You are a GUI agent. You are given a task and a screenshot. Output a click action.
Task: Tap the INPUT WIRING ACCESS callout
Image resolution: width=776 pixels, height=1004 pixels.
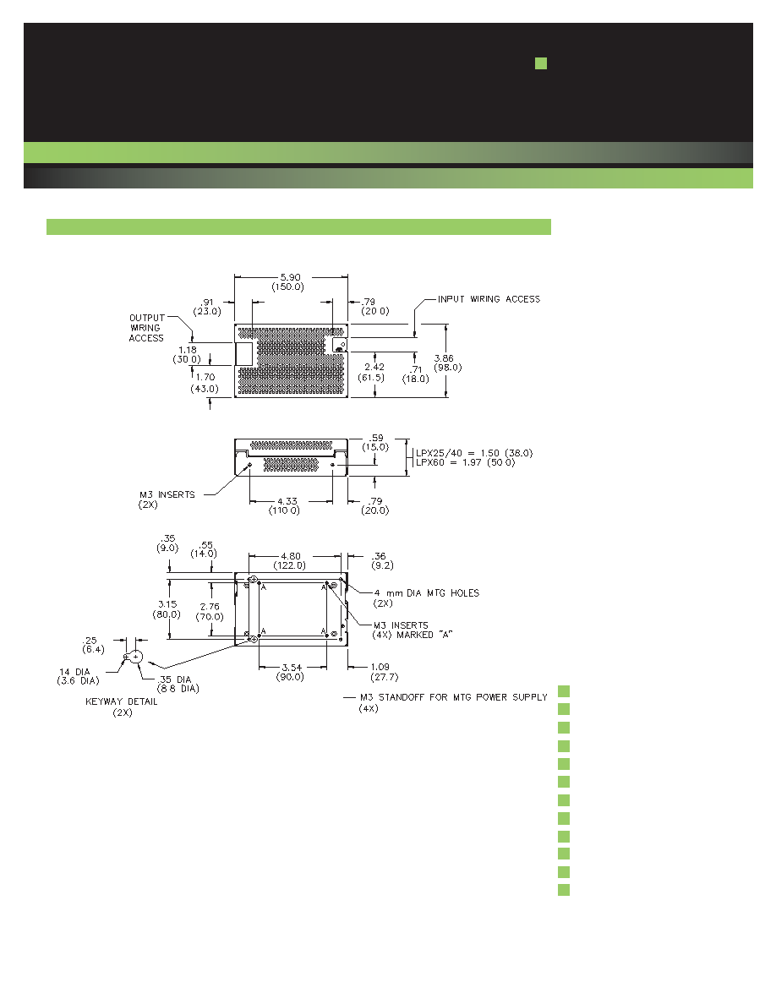(x=489, y=299)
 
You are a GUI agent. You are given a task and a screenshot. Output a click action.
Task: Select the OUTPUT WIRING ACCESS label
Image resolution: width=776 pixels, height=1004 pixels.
(x=146, y=328)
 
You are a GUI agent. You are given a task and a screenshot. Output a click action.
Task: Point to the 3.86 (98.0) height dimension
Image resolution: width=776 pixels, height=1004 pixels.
(x=447, y=363)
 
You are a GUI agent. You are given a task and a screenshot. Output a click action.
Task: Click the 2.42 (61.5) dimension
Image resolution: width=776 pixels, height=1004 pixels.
(x=374, y=372)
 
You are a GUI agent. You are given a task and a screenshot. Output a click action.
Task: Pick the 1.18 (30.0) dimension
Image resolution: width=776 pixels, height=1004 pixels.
(x=187, y=355)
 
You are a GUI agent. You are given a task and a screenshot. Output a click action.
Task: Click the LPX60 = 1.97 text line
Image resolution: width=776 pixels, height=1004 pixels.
(x=466, y=462)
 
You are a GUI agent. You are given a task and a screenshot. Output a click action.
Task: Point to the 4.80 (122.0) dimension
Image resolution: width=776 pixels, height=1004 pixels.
(x=290, y=561)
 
